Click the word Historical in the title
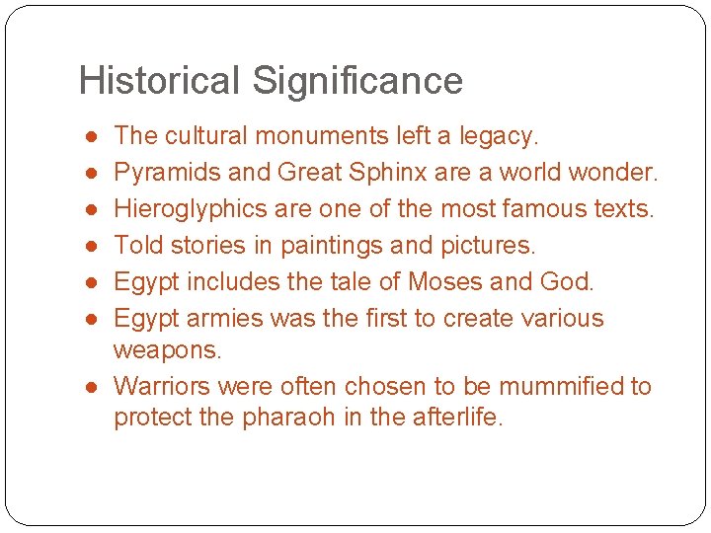click(x=159, y=81)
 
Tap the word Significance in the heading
click(x=357, y=81)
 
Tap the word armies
click(x=217, y=319)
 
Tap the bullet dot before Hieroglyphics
click(x=90, y=209)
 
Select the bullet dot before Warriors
click(x=90, y=386)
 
